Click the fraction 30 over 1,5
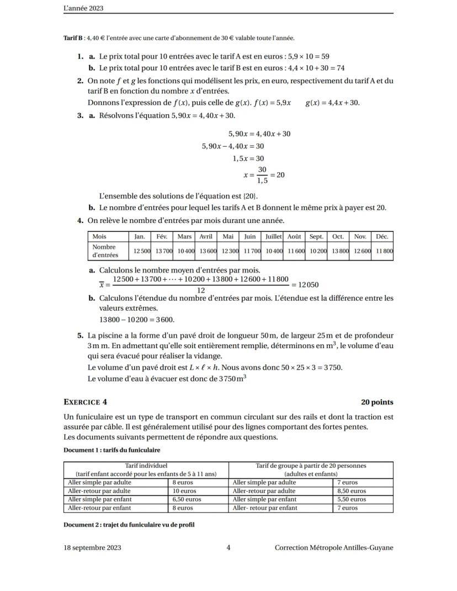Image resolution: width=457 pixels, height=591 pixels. pyautogui.click(x=262, y=175)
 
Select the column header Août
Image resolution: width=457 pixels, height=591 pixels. pyautogui.click(x=295, y=237)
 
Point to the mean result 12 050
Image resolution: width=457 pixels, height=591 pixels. pyautogui.click(x=308, y=285)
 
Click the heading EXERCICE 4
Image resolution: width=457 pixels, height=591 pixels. pyautogui.click(x=85, y=402)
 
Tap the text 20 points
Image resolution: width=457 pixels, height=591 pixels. pyautogui.click(x=377, y=402)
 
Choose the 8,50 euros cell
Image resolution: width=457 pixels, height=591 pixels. pyautogui.click(x=350, y=491)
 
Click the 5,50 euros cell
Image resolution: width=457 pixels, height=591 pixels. pyautogui.click(x=350, y=499)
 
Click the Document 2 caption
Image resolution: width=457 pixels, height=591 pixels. pyautogui.click(x=129, y=525)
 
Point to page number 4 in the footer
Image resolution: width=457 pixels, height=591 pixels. pyautogui.click(x=228, y=548)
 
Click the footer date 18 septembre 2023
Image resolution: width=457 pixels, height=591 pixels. pyautogui.click(x=93, y=548)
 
